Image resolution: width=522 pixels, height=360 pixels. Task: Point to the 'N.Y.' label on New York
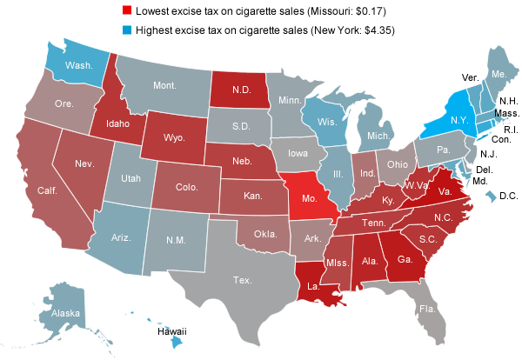point(437,118)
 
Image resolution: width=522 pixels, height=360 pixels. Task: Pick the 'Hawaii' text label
point(171,331)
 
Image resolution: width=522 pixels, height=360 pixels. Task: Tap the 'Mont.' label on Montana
point(164,86)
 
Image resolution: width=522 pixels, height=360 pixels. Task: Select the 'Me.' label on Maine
point(498,74)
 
